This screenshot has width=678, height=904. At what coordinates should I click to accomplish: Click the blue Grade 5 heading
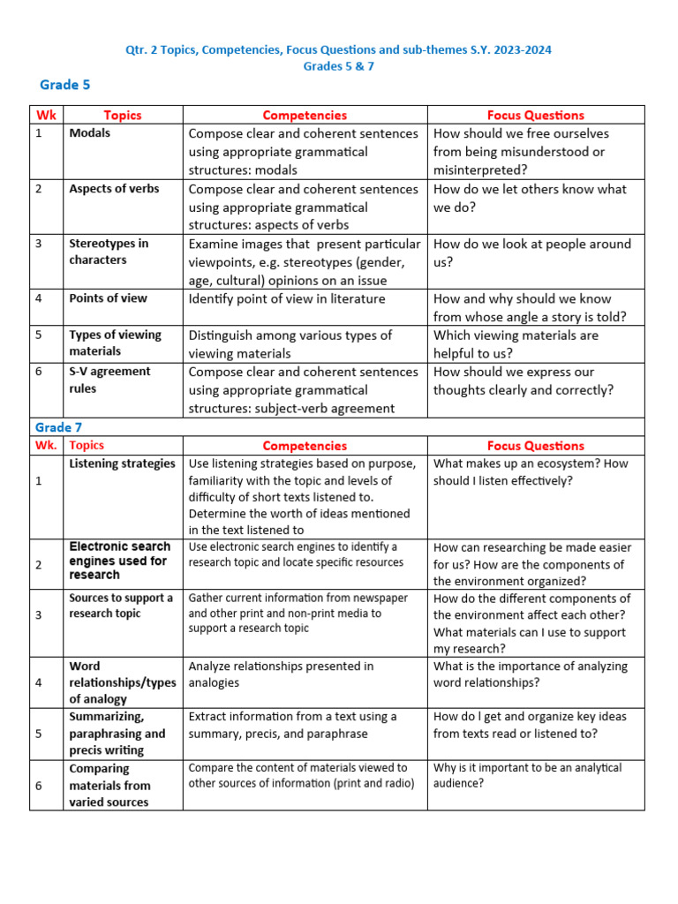tap(65, 85)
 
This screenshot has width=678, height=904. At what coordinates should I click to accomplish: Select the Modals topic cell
tap(90, 133)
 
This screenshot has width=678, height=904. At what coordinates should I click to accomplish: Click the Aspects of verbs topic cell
tap(114, 189)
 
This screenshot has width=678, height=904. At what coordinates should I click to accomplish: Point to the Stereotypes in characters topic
tap(109, 252)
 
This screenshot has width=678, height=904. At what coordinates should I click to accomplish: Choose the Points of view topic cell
tap(108, 298)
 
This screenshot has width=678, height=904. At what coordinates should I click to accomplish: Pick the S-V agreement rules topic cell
tap(109, 380)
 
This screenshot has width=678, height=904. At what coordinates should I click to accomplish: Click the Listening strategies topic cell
tap(122, 463)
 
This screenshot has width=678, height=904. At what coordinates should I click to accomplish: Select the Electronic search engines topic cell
tap(119, 561)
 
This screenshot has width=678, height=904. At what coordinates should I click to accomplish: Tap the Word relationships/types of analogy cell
tap(122, 682)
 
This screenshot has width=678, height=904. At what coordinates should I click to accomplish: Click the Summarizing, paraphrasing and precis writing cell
tap(117, 734)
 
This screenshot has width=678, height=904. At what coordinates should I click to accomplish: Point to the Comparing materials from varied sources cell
tap(109, 785)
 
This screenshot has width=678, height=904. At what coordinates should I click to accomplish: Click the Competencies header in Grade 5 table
tap(305, 115)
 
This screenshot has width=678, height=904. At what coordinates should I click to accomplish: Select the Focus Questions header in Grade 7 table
tap(535, 446)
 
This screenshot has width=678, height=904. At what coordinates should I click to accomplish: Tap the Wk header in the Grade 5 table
tap(46, 115)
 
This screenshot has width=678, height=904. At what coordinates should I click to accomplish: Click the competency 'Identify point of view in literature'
tap(287, 298)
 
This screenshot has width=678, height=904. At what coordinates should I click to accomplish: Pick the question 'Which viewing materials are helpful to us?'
tap(516, 344)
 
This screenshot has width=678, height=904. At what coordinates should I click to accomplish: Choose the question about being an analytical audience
tap(527, 775)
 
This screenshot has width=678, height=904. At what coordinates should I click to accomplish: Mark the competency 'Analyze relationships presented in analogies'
tap(281, 674)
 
